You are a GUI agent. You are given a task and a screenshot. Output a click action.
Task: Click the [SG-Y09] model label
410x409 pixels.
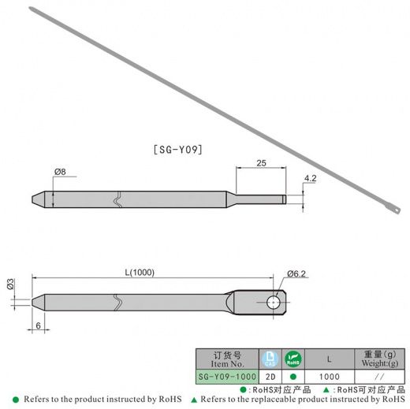click(178, 150)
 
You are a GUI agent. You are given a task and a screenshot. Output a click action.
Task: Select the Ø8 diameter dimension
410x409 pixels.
click(60, 172)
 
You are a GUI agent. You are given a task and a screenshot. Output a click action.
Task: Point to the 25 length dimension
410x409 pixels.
click(261, 163)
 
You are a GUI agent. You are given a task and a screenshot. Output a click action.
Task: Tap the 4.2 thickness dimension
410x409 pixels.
click(310, 178)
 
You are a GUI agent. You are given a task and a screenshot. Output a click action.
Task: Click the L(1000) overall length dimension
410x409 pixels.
click(140, 273)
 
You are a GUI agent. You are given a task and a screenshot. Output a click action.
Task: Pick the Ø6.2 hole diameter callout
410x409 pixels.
click(296, 273)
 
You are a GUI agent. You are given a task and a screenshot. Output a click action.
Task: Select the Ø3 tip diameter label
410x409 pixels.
click(10, 284)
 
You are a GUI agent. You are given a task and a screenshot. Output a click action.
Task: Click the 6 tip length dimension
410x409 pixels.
click(39, 325)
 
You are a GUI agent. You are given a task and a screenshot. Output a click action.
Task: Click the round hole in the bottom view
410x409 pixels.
click(274, 302)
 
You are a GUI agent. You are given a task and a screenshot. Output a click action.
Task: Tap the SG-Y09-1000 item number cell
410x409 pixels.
click(227, 377)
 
